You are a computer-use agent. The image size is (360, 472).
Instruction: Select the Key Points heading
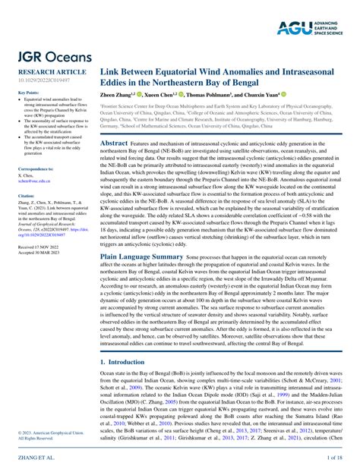pyautogui.click(x=28, y=93)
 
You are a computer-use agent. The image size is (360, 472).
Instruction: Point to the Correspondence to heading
pyautogui.click(x=35, y=168)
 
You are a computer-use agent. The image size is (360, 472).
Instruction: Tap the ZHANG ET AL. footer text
pyautogui.click(x=30, y=459)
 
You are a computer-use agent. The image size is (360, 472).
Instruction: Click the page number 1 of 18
pyautogui.click(x=335, y=459)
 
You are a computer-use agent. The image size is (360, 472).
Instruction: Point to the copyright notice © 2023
pyautogui.click(x=41, y=433)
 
